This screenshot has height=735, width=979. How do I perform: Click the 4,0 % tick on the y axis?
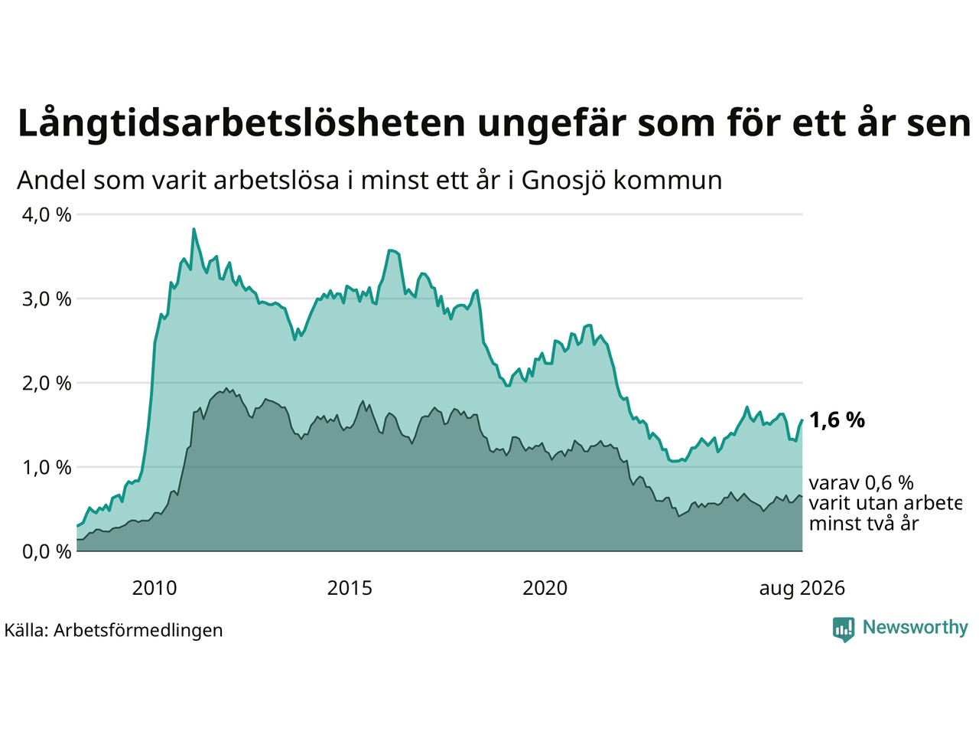47,215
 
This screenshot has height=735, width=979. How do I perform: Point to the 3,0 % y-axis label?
47,299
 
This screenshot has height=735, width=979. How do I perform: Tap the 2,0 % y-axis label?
47,384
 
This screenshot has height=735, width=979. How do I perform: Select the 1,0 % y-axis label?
47,468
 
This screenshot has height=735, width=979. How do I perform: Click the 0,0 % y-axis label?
47,552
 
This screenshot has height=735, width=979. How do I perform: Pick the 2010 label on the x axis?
154,588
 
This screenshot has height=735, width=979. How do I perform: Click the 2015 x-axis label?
350,588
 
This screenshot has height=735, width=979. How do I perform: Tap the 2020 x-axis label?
545,588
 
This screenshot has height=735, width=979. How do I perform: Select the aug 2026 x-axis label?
802,589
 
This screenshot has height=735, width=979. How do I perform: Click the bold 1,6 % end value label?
837,420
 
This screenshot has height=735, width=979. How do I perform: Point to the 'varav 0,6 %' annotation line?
861,483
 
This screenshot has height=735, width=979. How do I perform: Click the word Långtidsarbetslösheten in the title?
241,123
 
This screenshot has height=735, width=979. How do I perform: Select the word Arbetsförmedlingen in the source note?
138,631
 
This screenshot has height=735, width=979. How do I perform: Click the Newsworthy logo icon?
844,629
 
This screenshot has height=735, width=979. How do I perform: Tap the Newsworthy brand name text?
916,627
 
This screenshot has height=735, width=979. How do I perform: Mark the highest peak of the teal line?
194,229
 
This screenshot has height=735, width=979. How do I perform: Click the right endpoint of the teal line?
802,420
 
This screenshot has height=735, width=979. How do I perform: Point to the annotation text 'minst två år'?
864,523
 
